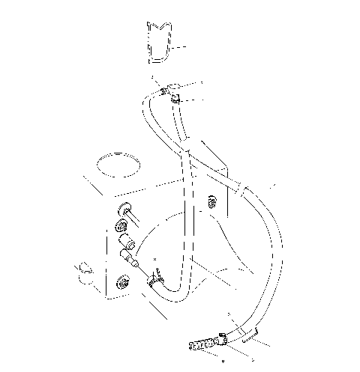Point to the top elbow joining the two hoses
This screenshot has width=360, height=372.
(x=173, y=90)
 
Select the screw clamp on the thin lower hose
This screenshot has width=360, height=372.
(x=156, y=278)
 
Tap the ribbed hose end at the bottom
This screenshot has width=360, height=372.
(x=198, y=346)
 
